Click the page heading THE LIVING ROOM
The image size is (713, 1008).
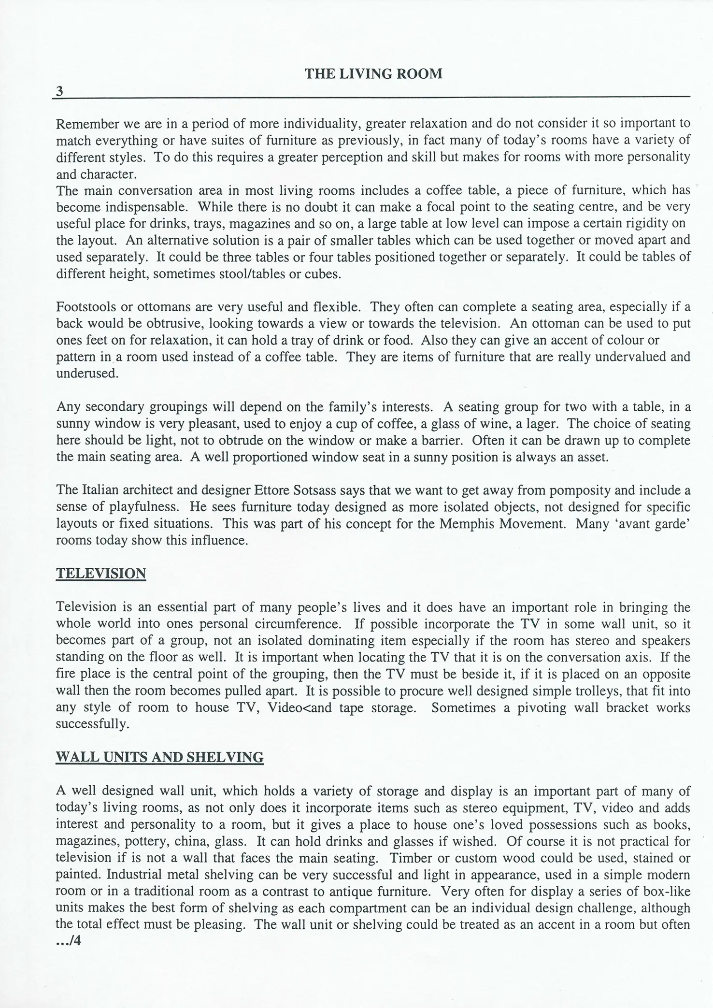pyautogui.click(x=373, y=74)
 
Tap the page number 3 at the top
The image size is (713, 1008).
pyautogui.click(x=60, y=91)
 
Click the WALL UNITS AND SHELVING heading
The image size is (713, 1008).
pyautogui.click(x=160, y=757)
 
